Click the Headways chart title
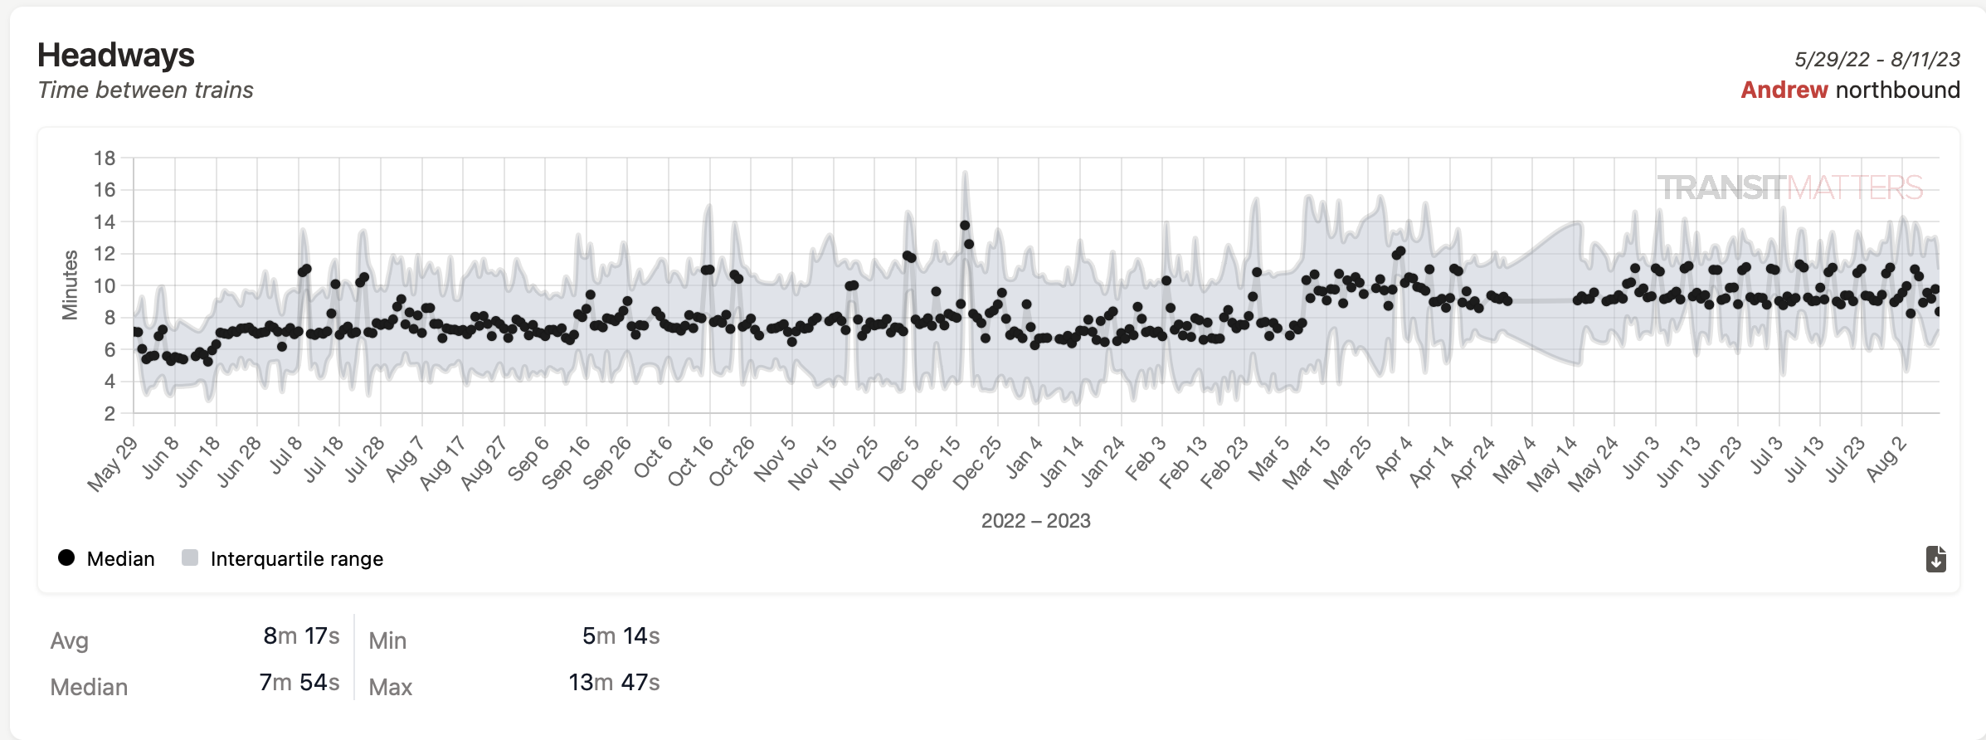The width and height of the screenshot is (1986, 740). click(116, 56)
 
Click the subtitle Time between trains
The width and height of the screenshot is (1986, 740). click(145, 90)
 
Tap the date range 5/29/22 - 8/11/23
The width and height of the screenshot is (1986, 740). click(1876, 60)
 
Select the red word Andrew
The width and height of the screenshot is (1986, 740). click(1784, 90)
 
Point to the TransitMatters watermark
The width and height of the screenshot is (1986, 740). click(1789, 187)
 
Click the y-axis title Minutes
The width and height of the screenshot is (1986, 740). click(70, 285)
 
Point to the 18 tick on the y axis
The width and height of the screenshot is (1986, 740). click(105, 158)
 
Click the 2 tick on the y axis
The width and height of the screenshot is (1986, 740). click(110, 413)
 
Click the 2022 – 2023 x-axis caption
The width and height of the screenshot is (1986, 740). click(1035, 521)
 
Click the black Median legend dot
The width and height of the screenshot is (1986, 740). click(66, 557)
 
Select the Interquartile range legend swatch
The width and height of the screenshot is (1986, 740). click(190, 557)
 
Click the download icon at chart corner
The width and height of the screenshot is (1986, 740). click(1935, 559)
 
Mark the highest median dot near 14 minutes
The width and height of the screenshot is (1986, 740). click(965, 225)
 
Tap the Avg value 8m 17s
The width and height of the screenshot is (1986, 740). click(301, 636)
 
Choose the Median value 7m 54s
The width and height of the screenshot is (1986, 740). click(299, 683)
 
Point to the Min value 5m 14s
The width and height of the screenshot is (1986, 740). click(621, 636)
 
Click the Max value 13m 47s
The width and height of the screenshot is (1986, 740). click(614, 683)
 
